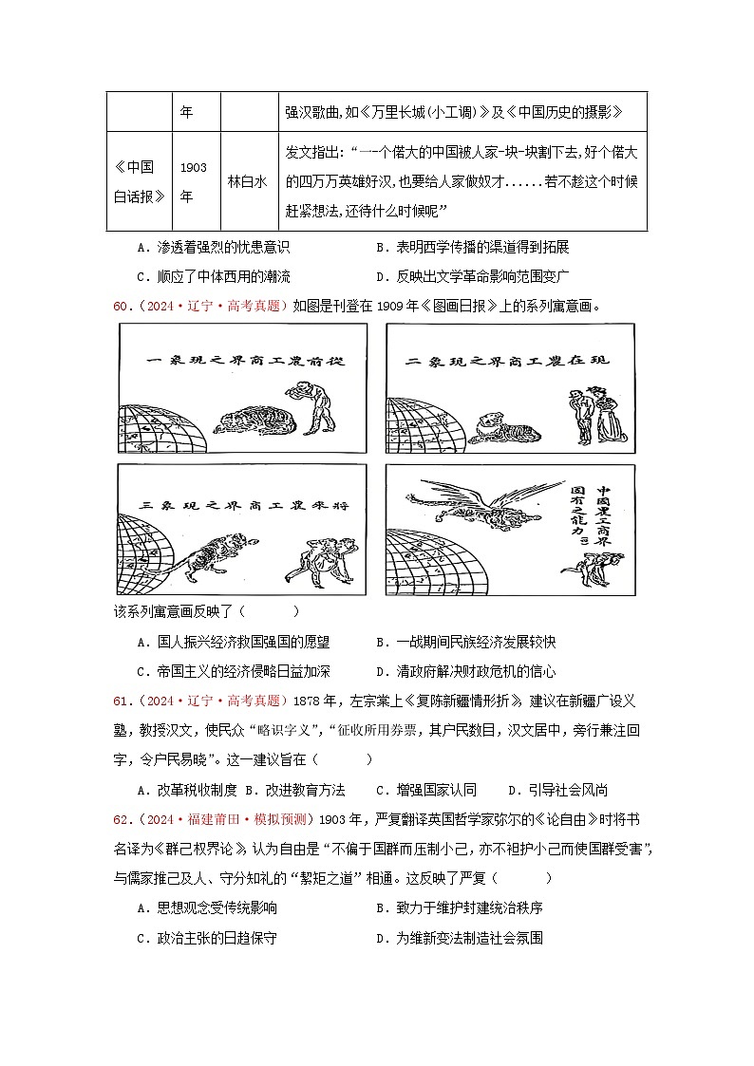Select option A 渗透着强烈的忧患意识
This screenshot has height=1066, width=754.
pos(213,247)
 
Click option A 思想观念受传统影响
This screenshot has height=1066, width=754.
pos(207,908)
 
